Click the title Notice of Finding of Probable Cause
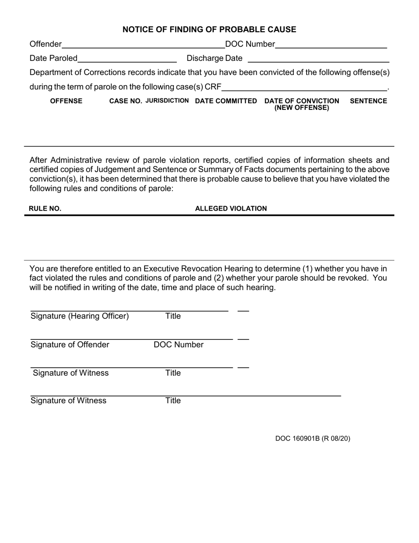point(209,30)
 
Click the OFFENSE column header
point(66,101)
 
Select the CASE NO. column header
point(126,101)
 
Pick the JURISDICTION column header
point(167,101)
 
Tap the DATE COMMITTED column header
point(226,101)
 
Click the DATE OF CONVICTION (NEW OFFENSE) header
point(302,104)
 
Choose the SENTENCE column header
point(368,101)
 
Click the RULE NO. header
point(45,209)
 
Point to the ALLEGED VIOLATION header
point(231,209)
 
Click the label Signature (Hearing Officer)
point(80,316)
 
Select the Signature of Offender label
point(70,345)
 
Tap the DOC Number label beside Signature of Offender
point(179,345)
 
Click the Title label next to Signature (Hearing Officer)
point(173,316)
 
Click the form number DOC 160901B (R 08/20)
point(313,438)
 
